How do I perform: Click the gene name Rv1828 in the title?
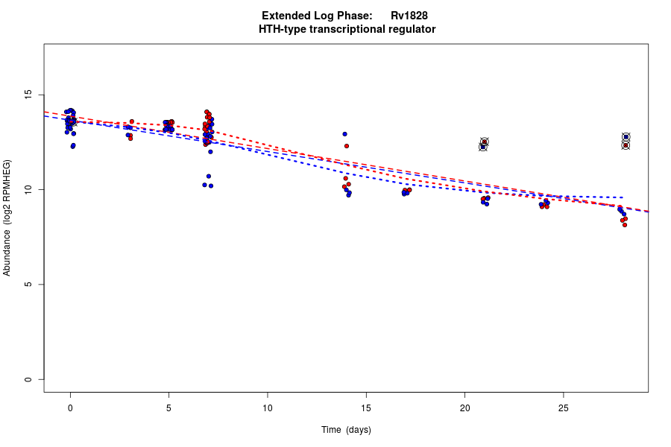[409, 16]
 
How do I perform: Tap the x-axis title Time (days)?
[346, 430]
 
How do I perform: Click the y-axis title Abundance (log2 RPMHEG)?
[7, 218]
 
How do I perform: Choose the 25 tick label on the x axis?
[563, 408]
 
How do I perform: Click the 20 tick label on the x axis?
[464, 408]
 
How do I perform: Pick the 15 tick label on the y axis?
[28, 95]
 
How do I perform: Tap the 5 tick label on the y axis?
[28, 285]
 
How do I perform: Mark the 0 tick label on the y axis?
[28, 379]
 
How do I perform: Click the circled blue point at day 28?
[626, 137]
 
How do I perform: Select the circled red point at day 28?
[626, 145]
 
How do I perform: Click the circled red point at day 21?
[485, 142]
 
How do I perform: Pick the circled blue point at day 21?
[482, 147]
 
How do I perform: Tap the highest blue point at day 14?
[344, 134]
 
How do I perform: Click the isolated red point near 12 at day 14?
[347, 146]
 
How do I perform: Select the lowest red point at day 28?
[625, 224]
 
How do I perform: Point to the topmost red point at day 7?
[207, 112]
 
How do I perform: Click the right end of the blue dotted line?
[623, 197]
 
